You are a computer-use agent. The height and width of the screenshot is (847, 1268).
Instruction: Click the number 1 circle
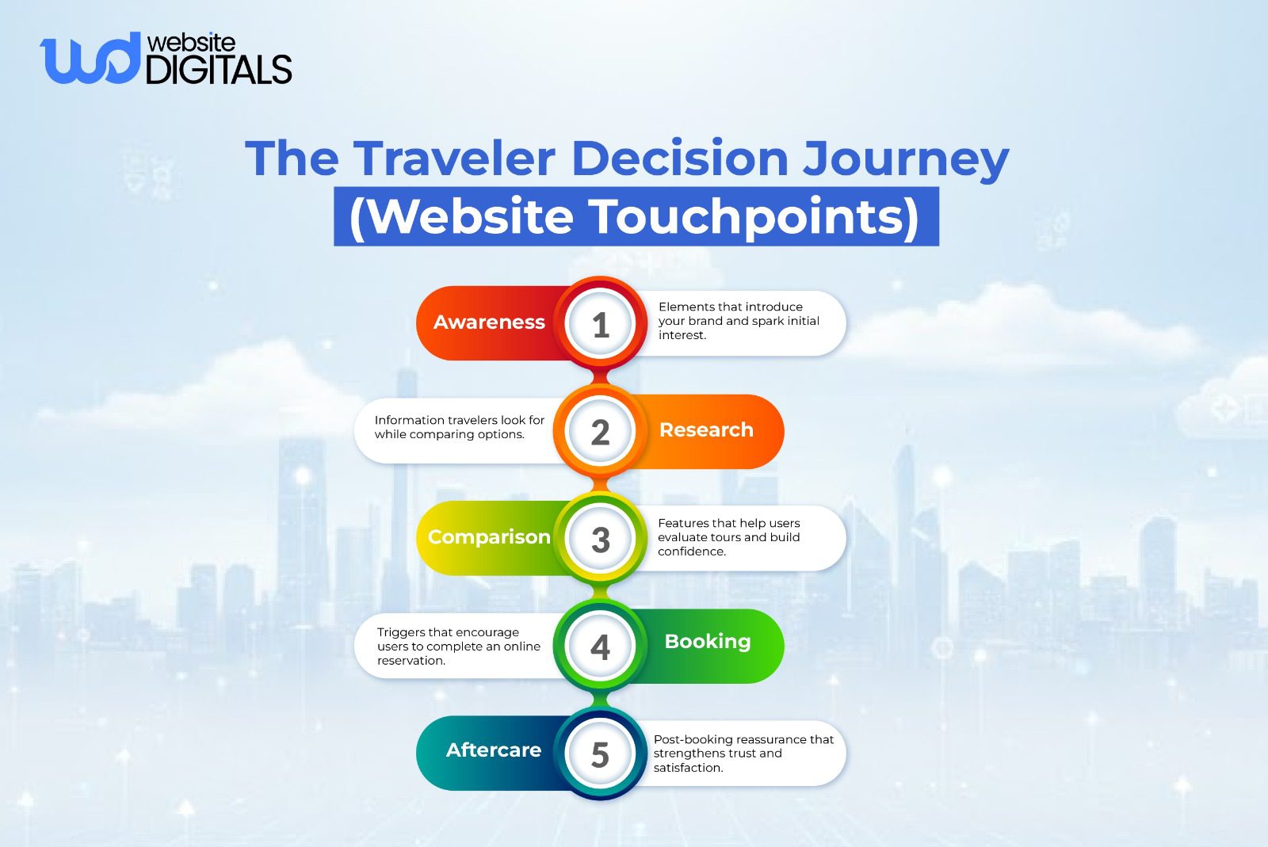pyautogui.click(x=600, y=324)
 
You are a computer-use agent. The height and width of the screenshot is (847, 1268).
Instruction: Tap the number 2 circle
pyautogui.click(x=600, y=432)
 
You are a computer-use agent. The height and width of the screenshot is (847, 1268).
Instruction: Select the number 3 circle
pyautogui.click(x=600, y=540)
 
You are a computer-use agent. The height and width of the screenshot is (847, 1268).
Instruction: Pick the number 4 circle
pyautogui.click(x=600, y=647)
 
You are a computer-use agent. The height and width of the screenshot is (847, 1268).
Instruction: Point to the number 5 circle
pyautogui.click(x=600, y=754)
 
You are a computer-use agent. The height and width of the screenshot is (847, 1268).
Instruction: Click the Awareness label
pyautogui.click(x=489, y=322)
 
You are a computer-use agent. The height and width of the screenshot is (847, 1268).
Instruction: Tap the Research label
pyautogui.click(x=706, y=429)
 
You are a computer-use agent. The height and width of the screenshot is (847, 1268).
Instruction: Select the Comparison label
pyautogui.click(x=489, y=537)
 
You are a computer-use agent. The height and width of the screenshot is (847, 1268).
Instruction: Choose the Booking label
pyautogui.click(x=707, y=641)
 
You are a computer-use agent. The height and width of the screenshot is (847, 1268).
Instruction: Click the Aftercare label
pyautogui.click(x=493, y=750)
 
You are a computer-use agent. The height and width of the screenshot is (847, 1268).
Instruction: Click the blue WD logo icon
pyautogui.click(x=88, y=58)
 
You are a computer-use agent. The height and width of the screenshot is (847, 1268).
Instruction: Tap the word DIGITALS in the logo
pyautogui.click(x=219, y=70)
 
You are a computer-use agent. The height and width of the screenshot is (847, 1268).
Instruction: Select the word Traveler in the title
pyautogui.click(x=454, y=158)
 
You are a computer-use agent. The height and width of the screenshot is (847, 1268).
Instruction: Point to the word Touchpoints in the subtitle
pyautogui.click(x=752, y=216)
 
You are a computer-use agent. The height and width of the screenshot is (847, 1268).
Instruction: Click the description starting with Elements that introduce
pyautogui.click(x=738, y=321)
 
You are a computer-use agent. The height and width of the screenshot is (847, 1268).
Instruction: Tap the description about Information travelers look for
pyautogui.click(x=459, y=427)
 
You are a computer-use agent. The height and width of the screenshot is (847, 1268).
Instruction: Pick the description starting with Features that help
pyautogui.click(x=728, y=537)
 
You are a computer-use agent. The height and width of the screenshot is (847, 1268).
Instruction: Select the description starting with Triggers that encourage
pyautogui.click(x=458, y=647)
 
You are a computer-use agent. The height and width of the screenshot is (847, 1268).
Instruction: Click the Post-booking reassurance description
pyautogui.click(x=743, y=754)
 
